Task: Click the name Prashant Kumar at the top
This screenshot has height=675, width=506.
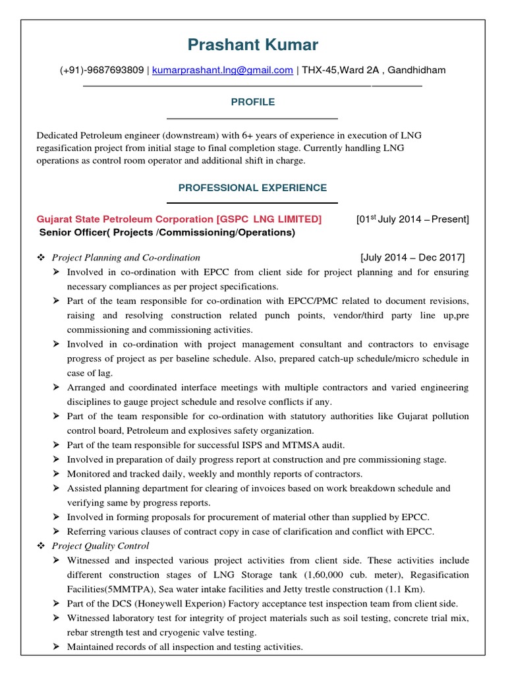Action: [x=252, y=45]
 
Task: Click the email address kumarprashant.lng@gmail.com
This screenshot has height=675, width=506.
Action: [x=223, y=70]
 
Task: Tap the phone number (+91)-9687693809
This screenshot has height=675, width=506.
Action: [x=101, y=70]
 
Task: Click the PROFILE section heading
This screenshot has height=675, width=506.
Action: [x=252, y=102]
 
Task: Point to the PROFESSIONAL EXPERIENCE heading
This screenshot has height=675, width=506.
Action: [x=252, y=188]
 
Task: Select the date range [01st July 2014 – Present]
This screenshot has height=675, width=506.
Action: [x=412, y=219]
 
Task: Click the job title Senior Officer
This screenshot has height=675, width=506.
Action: [x=72, y=233]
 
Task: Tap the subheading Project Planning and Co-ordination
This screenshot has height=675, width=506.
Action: [x=126, y=257]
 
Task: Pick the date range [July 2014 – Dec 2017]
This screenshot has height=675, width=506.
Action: [x=412, y=257]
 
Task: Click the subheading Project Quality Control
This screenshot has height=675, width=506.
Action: [x=100, y=546]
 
